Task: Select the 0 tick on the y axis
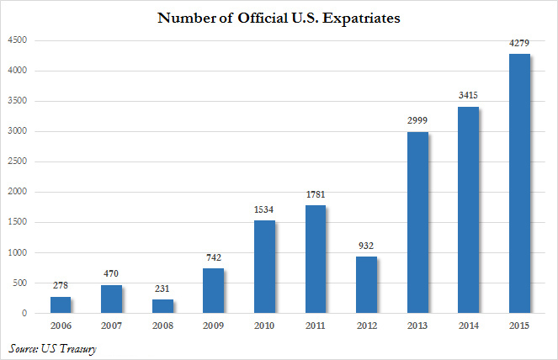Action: [24, 314]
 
